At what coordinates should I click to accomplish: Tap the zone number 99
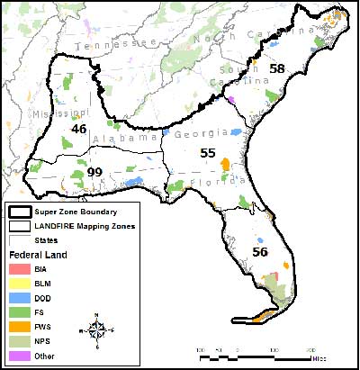pos(94,172)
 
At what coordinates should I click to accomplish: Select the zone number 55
pos(208,154)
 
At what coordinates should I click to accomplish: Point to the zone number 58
pos(277,68)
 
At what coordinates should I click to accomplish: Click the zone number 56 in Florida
pos(260,253)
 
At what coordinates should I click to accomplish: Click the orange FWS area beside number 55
pos(226,167)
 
